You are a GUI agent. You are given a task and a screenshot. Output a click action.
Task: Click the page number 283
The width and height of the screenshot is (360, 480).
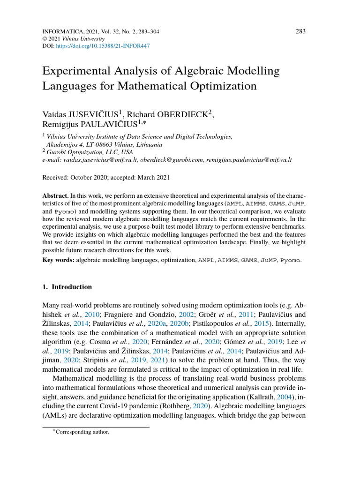coord(300,31)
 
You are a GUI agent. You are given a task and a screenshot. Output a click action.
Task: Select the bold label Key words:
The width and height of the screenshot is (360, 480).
coord(58,259)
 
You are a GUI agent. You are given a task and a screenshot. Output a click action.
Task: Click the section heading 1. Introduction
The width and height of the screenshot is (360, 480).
coord(67,287)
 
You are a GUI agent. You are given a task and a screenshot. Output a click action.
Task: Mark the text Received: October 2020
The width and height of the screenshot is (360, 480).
coord(73,178)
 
